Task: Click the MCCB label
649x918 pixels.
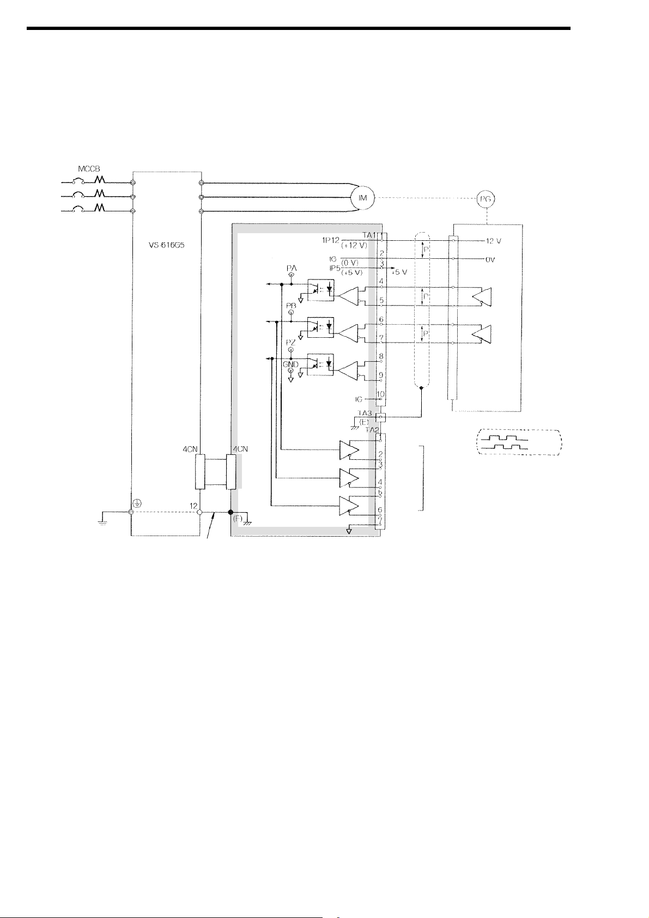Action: [x=88, y=169]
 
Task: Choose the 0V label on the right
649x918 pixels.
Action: [x=490, y=260]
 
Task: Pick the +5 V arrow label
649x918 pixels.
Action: [x=400, y=272]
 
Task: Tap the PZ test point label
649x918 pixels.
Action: [x=290, y=342]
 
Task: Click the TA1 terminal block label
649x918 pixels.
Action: [x=370, y=235]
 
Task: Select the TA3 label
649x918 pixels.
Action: [x=365, y=413]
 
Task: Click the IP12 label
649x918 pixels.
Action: [x=331, y=240]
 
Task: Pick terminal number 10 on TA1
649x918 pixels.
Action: [x=381, y=394]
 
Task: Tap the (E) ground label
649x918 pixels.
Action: [x=364, y=421]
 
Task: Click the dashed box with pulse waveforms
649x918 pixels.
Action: [x=519, y=442]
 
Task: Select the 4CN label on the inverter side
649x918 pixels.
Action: [x=190, y=449]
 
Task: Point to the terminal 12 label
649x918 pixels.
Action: [x=193, y=506]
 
